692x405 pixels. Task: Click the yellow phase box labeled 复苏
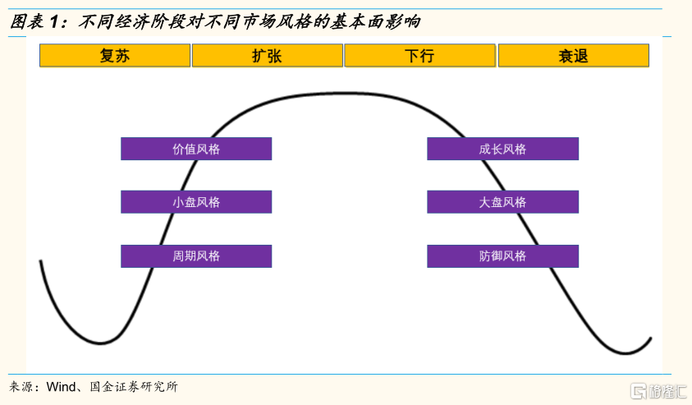click(115, 56)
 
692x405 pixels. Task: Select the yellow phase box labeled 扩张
click(268, 56)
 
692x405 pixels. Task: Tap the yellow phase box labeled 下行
click(419, 56)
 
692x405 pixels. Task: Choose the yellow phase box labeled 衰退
click(573, 56)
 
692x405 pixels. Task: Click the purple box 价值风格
click(196, 149)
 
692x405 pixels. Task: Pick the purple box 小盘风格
click(196, 202)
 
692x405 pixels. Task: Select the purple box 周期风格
click(196, 256)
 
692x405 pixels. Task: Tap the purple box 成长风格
click(502, 149)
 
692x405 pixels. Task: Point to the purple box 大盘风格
click(502, 202)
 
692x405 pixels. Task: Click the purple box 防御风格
click(502, 256)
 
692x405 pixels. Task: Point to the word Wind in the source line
click(62, 387)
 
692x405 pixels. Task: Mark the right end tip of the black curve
click(651, 338)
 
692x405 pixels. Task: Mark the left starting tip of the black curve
click(40, 261)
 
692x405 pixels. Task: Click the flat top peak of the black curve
click(345, 94)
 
